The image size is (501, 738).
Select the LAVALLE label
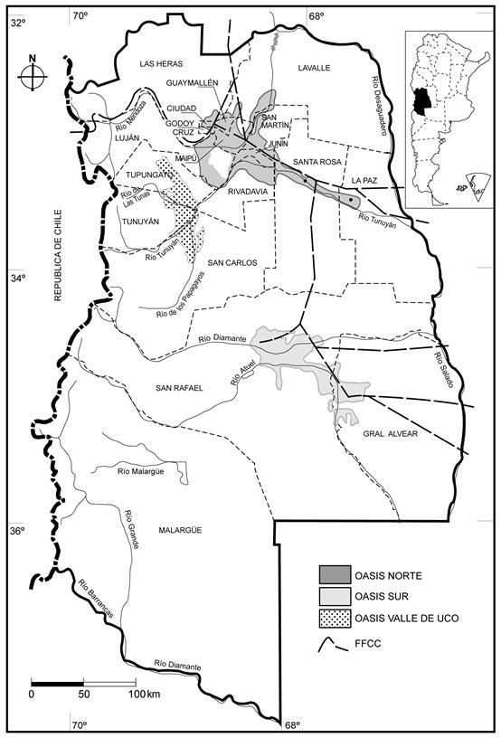pos(314,68)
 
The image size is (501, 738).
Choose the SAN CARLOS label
pos(233,262)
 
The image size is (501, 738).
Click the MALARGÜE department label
pos(184,530)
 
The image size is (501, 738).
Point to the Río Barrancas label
pos(95,602)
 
